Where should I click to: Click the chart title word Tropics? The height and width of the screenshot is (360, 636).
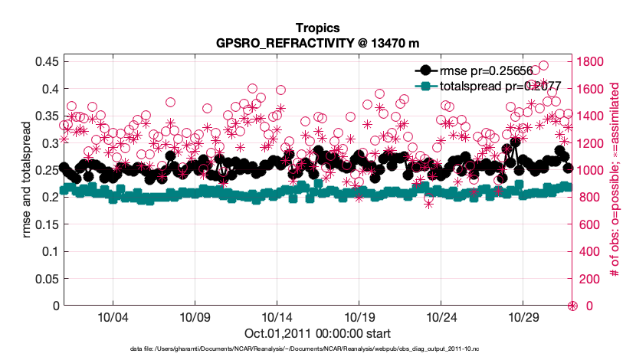pos(317,28)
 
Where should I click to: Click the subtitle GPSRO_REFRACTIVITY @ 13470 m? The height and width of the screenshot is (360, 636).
pos(317,42)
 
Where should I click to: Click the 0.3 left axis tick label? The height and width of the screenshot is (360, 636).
pos(44,142)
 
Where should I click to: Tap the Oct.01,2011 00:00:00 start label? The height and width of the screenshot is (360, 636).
pos(317,333)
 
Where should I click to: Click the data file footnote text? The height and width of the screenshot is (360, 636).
pos(317,349)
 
